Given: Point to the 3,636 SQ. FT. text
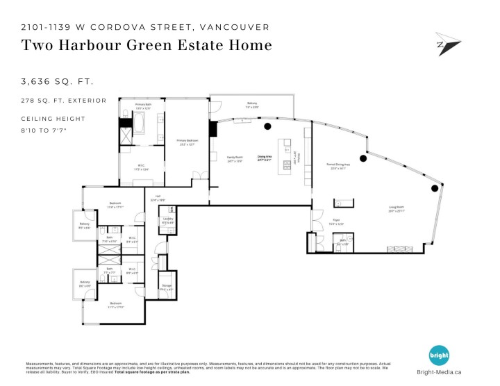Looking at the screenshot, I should (57, 82).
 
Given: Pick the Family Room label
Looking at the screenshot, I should (235, 158).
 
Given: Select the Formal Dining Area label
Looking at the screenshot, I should (337, 165).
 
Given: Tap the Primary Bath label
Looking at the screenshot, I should (143, 106).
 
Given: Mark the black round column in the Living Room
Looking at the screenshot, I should (435, 187).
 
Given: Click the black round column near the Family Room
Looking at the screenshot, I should (267, 126).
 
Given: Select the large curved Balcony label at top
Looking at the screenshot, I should (251, 105).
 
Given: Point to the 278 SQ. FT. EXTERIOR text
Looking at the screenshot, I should (64, 101).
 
